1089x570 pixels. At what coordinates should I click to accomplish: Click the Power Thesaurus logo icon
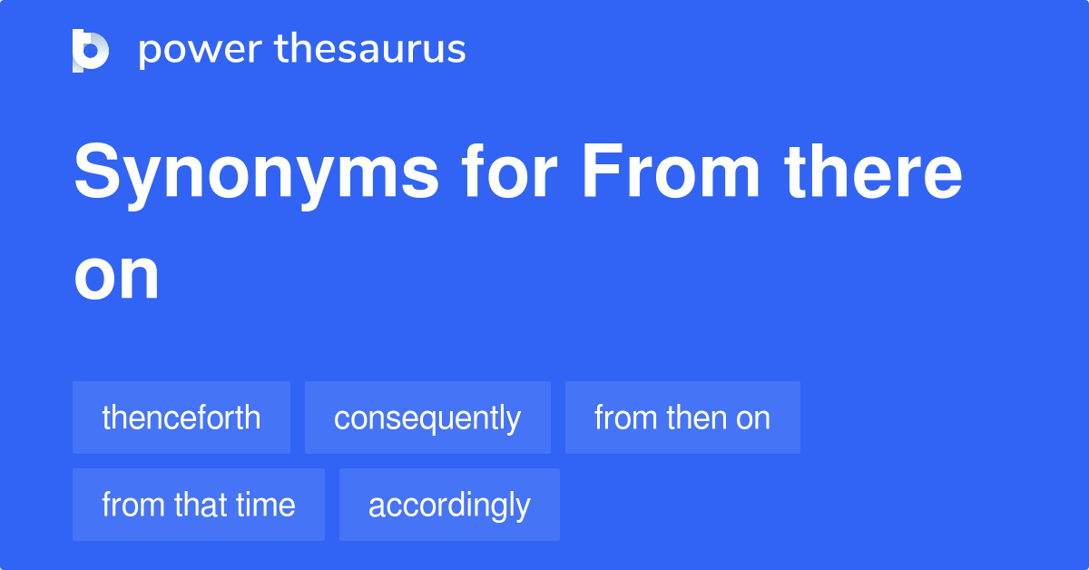click(91, 50)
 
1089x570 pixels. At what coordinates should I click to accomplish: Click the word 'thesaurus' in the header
click(370, 50)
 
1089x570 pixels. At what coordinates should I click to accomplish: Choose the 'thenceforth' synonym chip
click(181, 418)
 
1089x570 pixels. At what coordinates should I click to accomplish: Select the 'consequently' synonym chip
click(427, 418)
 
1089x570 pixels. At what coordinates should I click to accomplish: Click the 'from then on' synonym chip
click(682, 418)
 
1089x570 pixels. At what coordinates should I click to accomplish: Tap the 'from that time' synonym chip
click(199, 505)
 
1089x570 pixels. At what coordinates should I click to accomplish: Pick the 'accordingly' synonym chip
click(449, 505)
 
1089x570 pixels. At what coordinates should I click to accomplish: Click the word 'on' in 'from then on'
click(753, 418)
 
